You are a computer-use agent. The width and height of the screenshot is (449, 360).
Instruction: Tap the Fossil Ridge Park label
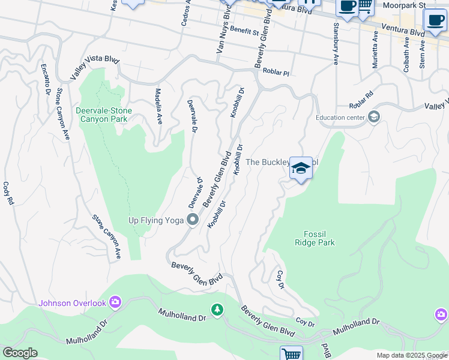[x=315, y=239]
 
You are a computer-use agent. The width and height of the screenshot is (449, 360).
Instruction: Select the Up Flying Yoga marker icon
[x=193, y=220]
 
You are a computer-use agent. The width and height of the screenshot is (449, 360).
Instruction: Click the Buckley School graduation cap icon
[x=301, y=168]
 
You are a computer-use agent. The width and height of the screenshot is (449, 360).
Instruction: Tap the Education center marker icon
[x=375, y=117]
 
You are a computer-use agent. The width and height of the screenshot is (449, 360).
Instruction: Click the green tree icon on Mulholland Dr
[x=217, y=310]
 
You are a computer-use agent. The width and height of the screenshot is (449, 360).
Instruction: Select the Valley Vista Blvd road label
[x=94, y=67]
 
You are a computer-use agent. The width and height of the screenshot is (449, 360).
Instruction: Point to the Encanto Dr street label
[x=44, y=79]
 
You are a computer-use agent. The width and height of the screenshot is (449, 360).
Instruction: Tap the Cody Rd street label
[x=8, y=194]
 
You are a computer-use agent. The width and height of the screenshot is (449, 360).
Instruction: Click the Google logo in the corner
[x=20, y=353]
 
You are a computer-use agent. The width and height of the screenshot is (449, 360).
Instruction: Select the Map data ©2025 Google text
[x=411, y=355]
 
